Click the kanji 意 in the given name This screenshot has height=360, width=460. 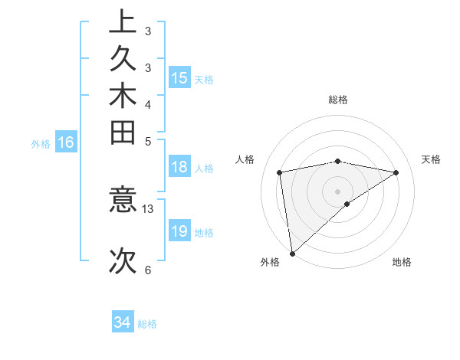pyautogui.click(x=123, y=201)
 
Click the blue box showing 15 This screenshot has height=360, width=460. pyautogui.click(x=179, y=77)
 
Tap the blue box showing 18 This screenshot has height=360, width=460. pyautogui.click(x=179, y=168)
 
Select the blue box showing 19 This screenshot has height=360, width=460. pyautogui.click(x=179, y=232)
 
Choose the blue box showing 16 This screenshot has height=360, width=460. pyautogui.click(x=67, y=142)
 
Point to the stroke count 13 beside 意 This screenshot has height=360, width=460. pyautogui.click(x=148, y=208)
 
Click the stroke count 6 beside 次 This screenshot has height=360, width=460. pyautogui.click(x=147, y=270)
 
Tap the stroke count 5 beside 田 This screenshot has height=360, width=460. pyautogui.click(x=147, y=141)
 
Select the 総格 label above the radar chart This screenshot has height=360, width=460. pyautogui.click(x=338, y=100)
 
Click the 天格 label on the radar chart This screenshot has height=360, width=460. pyautogui.click(x=432, y=159)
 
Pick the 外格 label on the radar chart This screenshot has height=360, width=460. pyautogui.click(x=269, y=262)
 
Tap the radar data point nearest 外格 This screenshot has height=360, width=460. pyautogui.click(x=292, y=253)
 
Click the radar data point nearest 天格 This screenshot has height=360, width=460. pyautogui.click(x=396, y=172)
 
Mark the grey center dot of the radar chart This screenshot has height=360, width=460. pyautogui.click(x=338, y=191)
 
